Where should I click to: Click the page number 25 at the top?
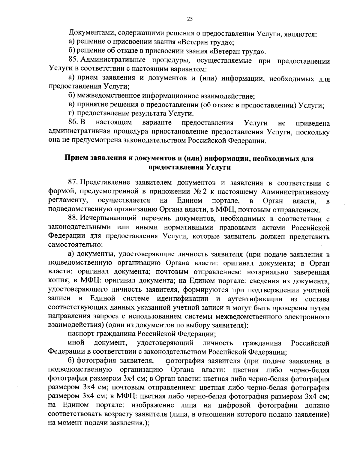coord(190,19)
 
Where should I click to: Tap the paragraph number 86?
coord(73,123)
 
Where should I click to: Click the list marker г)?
coord(71,114)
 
